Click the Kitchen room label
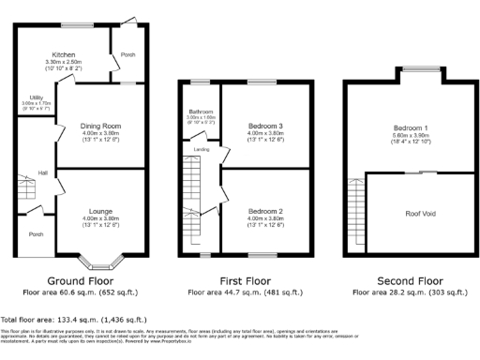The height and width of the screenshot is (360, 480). click(x=65, y=55)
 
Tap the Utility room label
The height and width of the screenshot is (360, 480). click(x=37, y=97)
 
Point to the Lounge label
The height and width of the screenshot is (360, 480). click(x=101, y=212)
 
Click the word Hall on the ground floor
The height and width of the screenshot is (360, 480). click(x=42, y=172)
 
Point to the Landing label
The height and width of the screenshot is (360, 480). click(x=201, y=147)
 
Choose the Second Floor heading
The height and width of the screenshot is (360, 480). click(x=409, y=280)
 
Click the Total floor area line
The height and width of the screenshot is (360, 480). click(x=66, y=320)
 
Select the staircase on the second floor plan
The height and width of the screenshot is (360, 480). click(x=355, y=206)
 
